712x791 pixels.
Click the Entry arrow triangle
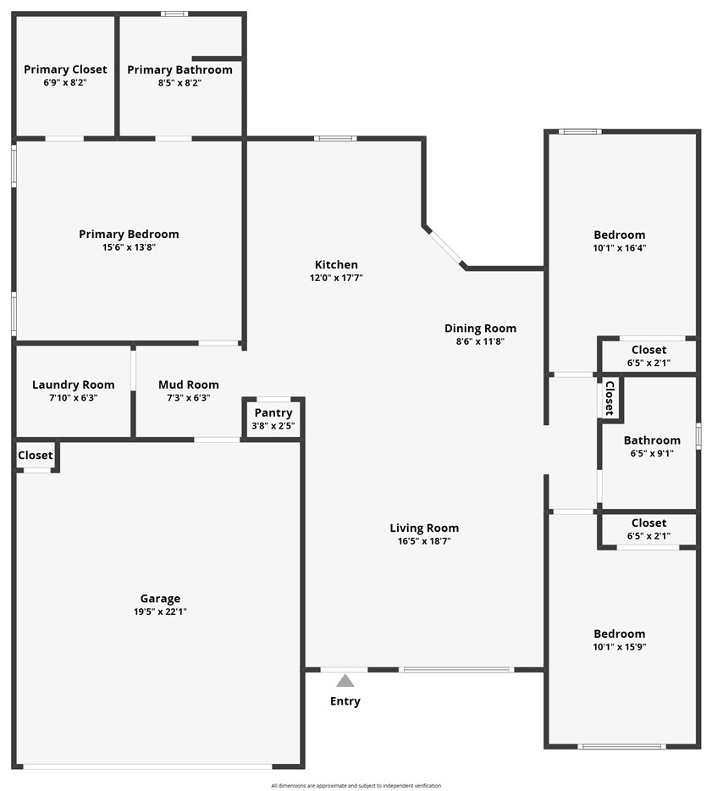coord(345,680)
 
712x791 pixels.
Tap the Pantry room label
coord(273,412)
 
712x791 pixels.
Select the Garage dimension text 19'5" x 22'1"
coord(160,611)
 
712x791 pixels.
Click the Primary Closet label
coord(65,69)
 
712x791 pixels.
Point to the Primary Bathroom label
coord(179,69)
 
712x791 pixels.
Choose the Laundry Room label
coord(73,384)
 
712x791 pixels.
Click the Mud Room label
coord(188,384)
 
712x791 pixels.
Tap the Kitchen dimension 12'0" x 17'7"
coord(336,278)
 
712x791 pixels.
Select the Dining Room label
coord(480,328)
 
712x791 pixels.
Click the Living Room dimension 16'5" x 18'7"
coord(424,540)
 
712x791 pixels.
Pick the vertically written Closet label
coord(609,397)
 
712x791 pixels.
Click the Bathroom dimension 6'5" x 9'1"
coord(652,453)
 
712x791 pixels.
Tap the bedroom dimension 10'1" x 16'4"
coord(619,248)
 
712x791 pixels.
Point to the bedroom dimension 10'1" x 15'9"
coord(619,646)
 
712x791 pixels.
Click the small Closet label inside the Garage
coord(36,455)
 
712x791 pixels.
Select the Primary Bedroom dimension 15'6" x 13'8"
coord(129,247)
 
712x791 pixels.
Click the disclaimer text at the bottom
coord(356,786)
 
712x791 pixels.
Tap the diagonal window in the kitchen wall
coord(445,246)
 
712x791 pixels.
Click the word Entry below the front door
coord(345,701)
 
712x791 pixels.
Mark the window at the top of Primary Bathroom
coord(174,14)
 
